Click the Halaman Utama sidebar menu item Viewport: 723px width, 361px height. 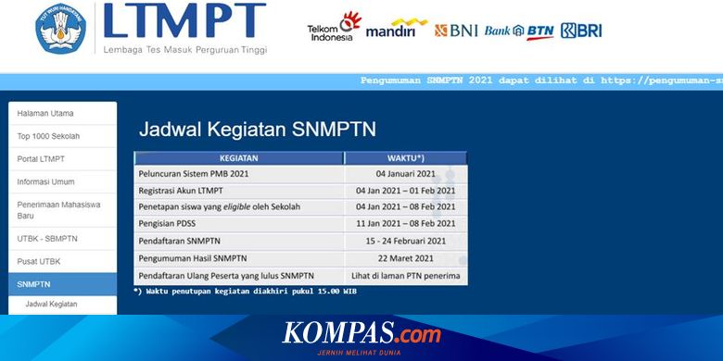(45, 114)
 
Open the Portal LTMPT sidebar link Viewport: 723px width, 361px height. (41, 159)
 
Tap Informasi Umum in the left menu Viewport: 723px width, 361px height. (46, 181)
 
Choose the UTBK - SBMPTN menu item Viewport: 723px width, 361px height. (48, 239)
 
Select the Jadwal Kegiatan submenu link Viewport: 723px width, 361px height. (51, 304)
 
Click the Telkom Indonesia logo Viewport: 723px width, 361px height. (334, 28)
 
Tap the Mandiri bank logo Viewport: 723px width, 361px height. (397, 28)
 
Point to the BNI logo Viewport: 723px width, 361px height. (455, 31)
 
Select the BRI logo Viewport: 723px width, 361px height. (581, 31)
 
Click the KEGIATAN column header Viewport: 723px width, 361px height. (238, 157)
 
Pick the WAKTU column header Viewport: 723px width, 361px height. (406, 157)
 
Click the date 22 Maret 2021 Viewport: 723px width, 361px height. (406, 258)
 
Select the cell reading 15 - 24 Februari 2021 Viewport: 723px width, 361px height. (406, 241)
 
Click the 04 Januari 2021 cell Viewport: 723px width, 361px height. (406, 174)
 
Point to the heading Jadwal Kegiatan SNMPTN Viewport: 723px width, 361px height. (257, 129)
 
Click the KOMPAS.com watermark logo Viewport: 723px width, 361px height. (361, 334)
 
